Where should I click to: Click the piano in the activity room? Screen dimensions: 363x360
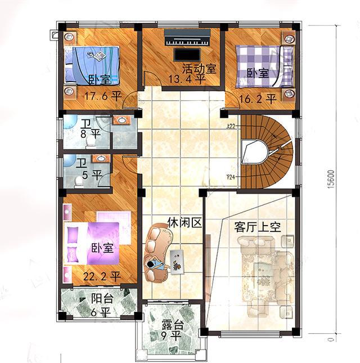[x=187, y=40]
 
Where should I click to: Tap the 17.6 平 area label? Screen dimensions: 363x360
[x=102, y=96]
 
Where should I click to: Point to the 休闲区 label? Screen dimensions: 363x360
[x=183, y=222]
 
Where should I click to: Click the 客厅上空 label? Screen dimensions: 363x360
[x=257, y=227]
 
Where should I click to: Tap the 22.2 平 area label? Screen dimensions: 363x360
[x=102, y=276]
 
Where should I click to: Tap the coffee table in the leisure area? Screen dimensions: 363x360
[x=177, y=261]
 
